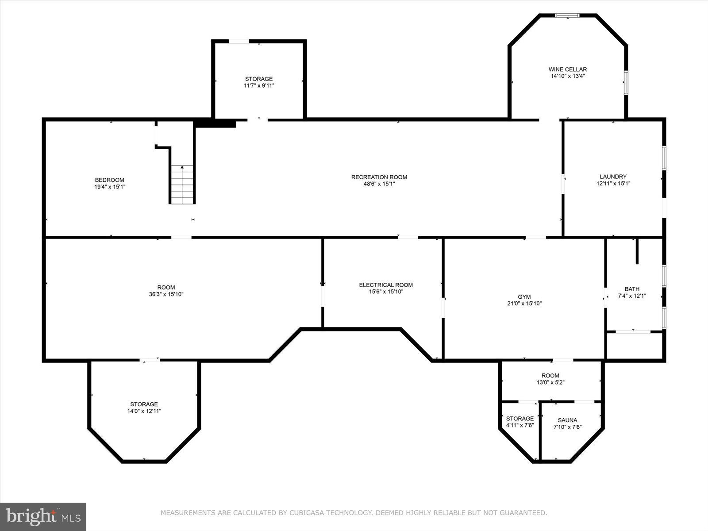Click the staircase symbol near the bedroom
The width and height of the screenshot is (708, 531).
coord(182,185)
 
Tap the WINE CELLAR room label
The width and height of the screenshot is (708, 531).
coord(567,69)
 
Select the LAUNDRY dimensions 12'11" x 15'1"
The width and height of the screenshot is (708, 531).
coord(613,183)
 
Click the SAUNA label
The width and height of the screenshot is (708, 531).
coord(567,420)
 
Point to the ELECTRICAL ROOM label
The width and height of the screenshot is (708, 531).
coord(386,285)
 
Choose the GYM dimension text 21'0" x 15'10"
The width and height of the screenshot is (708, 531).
coord(524,304)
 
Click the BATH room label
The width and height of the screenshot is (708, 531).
coord(632,289)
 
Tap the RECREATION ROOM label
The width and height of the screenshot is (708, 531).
coord(379,177)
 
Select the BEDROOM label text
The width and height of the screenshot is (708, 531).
coord(109,180)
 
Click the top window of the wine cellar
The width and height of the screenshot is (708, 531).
coord(567,16)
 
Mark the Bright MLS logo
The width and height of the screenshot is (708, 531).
coord(43,516)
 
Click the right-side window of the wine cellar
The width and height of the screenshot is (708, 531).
coord(626,82)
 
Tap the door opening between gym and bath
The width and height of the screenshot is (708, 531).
coord(605,297)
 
